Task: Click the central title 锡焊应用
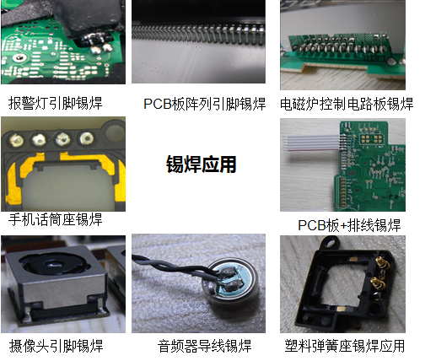pos(201,164)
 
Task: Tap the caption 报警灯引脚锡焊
pos(56,103)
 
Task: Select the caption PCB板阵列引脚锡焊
pos(204,104)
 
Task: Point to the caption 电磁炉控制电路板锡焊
pos(347,104)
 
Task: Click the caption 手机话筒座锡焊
pos(56,219)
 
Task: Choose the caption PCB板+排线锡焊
pos(349,225)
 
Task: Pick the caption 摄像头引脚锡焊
pos(56,346)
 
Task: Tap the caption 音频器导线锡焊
pos(204,346)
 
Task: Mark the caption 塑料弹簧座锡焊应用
pos(345,346)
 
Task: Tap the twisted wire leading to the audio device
pos(175,267)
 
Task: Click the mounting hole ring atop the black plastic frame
pos(331,242)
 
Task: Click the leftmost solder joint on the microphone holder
pos(16,139)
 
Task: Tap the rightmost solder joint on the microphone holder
pos(86,138)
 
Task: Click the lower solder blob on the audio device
pos(233,286)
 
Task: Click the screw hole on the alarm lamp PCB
pos(19,58)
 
